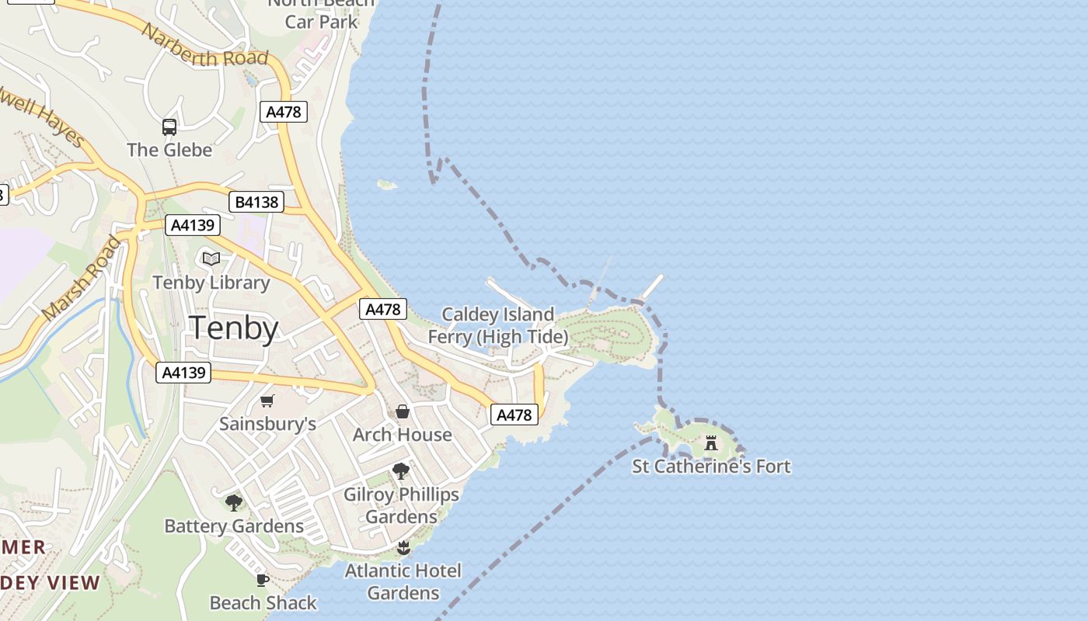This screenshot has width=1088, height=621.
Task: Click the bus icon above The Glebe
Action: pyautogui.click(x=169, y=127)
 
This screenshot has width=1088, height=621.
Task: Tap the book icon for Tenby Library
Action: pyautogui.click(x=211, y=258)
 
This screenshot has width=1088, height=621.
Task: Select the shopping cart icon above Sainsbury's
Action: pyautogui.click(x=267, y=401)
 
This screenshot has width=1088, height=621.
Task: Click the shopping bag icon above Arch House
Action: pyautogui.click(x=403, y=411)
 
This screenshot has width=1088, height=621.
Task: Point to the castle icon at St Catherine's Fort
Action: pyautogui.click(x=710, y=443)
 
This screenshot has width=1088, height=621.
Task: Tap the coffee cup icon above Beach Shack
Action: pyautogui.click(x=263, y=579)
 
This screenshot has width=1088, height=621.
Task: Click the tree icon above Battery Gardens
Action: pyautogui.click(x=234, y=502)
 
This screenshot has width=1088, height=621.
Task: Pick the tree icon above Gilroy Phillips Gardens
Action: pyautogui.click(x=401, y=470)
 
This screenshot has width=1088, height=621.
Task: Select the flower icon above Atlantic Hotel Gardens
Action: pyautogui.click(x=403, y=548)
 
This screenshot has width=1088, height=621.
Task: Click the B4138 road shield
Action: pyautogui.click(x=257, y=203)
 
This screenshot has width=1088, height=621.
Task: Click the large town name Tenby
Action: pyautogui.click(x=234, y=328)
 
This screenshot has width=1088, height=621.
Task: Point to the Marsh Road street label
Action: pyautogui.click(x=82, y=278)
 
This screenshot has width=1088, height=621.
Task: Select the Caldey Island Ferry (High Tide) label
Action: pyautogui.click(x=498, y=325)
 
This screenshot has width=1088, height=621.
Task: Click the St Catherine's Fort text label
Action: pyautogui.click(x=711, y=467)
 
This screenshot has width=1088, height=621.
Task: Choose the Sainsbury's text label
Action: pyautogui.click(x=267, y=424)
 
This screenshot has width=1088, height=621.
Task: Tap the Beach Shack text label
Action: pyautogui.click(x=263, y=602)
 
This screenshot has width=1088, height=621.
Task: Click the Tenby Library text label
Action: pyautogui.click(x=211, y=282)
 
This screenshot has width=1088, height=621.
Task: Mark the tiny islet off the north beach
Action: pyautogui.click(x=386, y=185)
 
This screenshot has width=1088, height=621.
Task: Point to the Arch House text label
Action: pyautogui.click(x=403, y=435)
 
